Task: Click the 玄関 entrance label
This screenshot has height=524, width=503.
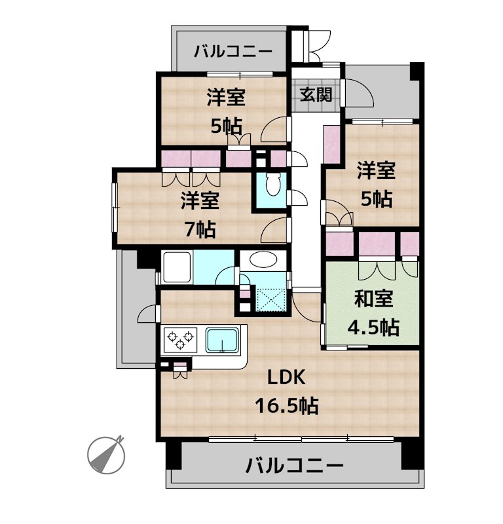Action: click(x=316, y=94)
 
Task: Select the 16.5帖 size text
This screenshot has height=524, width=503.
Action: click(x=286, y=406)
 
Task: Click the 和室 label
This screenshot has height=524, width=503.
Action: click(x=373, y=299)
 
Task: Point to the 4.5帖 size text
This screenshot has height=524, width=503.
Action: click(x=373, y=327)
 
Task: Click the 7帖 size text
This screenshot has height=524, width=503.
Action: click(x=200, y=229)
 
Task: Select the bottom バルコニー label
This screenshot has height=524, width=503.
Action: click(x=294, y=466)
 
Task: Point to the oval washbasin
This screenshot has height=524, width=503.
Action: click(x=263, y=260)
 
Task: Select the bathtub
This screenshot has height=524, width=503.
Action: click(x=177, y=267)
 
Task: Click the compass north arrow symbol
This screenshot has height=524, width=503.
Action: click(x=106, y=453)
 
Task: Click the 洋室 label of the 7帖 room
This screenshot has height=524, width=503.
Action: click(x=200, y=200)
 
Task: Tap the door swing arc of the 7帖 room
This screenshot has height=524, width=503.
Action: click(x=273, y=231)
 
